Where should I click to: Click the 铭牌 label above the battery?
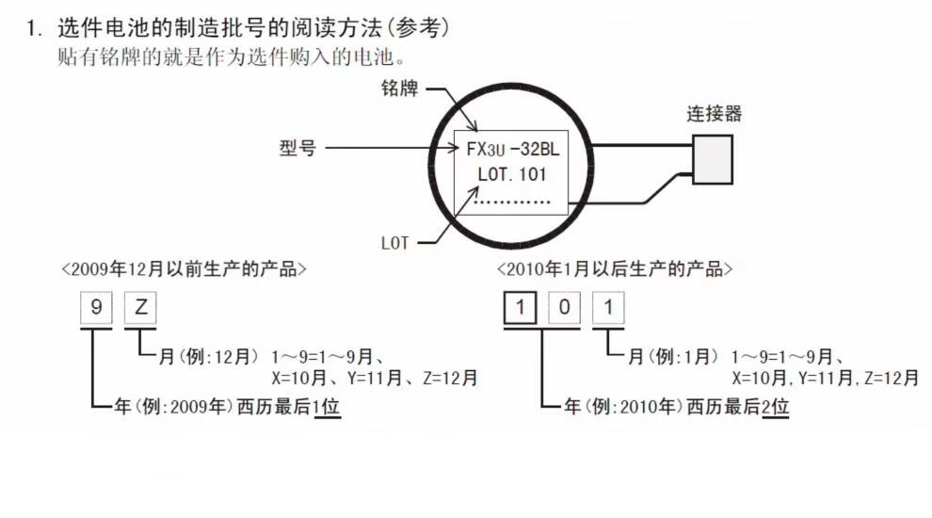[399, 89]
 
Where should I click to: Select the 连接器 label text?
[714, 114]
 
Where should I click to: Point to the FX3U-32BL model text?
[512, 149]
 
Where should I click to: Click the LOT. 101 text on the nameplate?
[512, 174]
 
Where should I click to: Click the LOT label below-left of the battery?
[395, 243]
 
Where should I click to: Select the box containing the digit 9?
[95, 309]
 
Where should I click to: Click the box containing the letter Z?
[140, 309]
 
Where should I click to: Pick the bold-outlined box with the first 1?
[519, 309]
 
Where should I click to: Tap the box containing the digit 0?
[564, 309]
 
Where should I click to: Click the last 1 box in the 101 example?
[609, 309]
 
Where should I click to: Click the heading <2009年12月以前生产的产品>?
[184, 269]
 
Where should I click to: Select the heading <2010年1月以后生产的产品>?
[615, 269]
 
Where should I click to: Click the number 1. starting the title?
[35, 29]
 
